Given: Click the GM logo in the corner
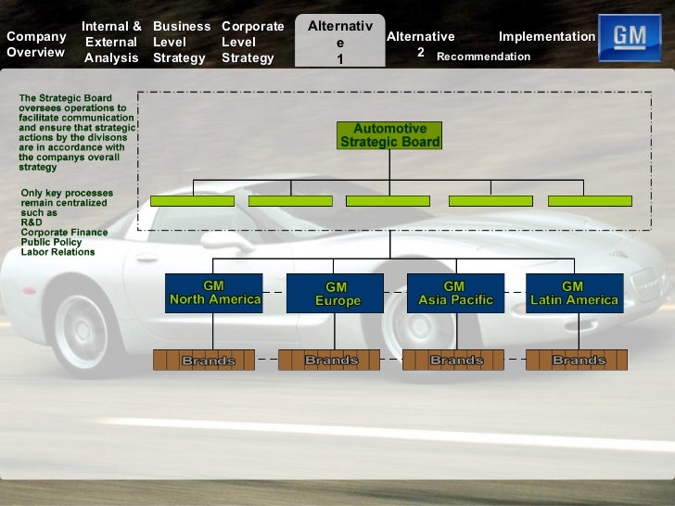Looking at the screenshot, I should tap(630, 38).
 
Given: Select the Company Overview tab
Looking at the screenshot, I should tap(36, 44).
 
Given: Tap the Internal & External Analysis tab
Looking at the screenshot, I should tap(111, 42).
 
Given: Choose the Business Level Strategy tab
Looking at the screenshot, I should tap(181, 42).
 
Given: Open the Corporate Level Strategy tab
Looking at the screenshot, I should tap(251, 42).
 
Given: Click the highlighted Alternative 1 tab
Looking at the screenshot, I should tap(339, 43).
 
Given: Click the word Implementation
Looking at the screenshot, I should tap(546, 36).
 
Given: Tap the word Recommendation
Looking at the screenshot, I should tap(483, 57).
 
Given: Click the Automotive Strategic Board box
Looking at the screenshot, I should tap(389, 135).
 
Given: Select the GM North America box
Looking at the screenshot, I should tap(214, 293).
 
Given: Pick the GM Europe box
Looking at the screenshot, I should tap(335, 294).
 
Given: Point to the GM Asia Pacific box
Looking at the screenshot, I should tap(454, 293).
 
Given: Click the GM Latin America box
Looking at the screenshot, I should tap(574, 293).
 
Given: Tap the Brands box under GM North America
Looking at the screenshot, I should tap(204, 360).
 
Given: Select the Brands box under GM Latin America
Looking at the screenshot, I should tap(576, 360).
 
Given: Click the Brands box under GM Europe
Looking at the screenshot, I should tap(329, 360).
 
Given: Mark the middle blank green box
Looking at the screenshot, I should tap(388, 200).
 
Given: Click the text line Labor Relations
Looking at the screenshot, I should tap(57, 252).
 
